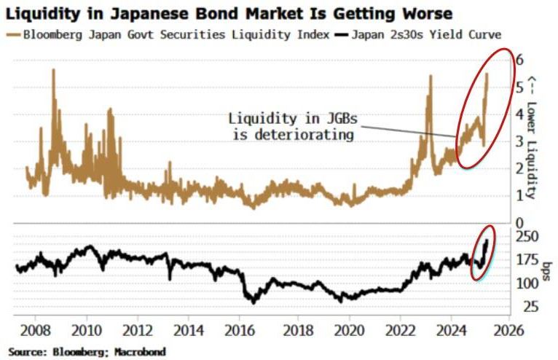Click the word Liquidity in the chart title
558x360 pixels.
tap(44, 13)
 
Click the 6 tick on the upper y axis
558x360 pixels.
tap(519, 59)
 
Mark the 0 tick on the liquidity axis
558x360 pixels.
tap(519, 222)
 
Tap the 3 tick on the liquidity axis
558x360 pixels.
tap(519, 141)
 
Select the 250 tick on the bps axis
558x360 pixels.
tap(522, 236)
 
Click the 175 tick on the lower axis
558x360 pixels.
tap(522, 259)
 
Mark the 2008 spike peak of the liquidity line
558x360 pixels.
tap(54, 70)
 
